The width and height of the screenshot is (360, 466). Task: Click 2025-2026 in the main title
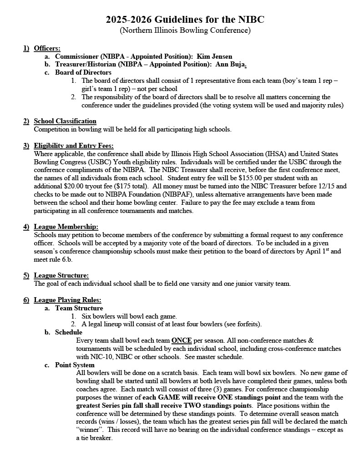pyautogui.click(x=129, y=20)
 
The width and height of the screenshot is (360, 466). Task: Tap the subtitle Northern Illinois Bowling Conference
pyautogui.click(x=185, y=30)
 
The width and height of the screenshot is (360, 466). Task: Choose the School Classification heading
pyautogui.click(x=65, y=121)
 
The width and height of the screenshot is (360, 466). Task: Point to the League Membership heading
pyautogui.click(x=66, y=227)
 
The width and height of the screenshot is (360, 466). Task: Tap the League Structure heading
pyautogui.click(x=61, y=275)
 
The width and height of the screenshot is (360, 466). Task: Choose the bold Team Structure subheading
pyautogui.click(x=79, y=308)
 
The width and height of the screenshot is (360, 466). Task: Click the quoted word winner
pyautogui.click(x=91, y=430)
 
